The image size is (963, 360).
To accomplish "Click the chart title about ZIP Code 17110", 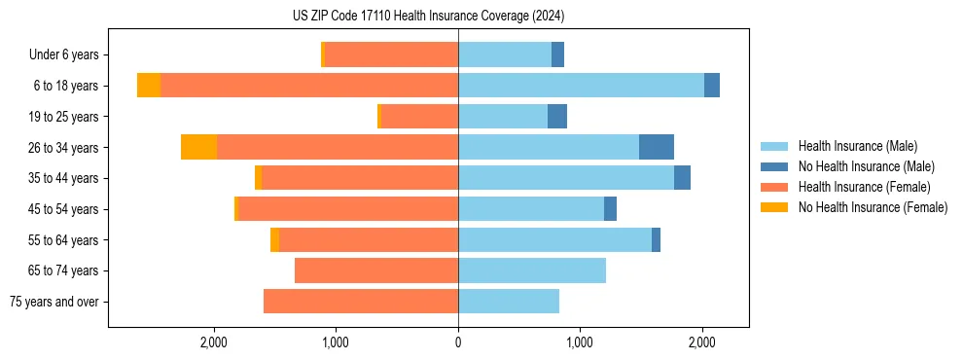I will click(x=428, y=16).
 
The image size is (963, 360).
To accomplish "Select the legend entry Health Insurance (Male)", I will click(x=857, y=146).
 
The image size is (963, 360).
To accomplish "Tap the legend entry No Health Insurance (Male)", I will click(x=866, y=166).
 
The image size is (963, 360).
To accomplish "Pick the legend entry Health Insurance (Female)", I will click(x=864, y=187).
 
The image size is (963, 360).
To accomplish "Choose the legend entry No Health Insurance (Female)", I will click(x=873, y=207).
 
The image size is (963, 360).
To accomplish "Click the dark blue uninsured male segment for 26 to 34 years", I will click(x=657, y=147).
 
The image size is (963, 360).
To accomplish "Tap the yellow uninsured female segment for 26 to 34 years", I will click(x=198, y=147).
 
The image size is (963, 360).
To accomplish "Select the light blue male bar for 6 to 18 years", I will click(x=581, y=86).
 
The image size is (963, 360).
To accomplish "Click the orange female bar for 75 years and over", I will click(x=361, y=302).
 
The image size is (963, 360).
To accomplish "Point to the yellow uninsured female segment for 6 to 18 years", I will click(x=149, y=86).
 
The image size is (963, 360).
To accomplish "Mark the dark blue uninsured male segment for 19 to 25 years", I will click(x=557, y=117).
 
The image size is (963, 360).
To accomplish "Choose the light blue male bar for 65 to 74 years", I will click(x=532, y=270).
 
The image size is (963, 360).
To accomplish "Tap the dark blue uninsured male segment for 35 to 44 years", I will click(x=682, y=178).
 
